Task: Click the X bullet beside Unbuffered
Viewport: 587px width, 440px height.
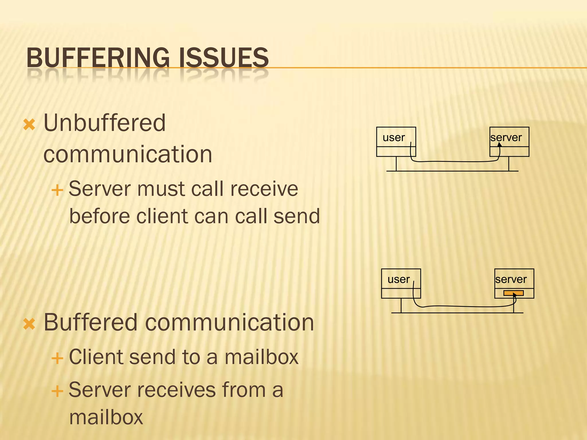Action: pos(29,125)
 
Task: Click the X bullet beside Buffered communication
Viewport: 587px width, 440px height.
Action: pos(29,324)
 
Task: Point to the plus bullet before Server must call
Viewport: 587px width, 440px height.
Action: pos(57,190)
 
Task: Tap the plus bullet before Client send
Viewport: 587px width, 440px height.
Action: pos(57,358)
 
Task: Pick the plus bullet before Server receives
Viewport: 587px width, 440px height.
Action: pos(57,391)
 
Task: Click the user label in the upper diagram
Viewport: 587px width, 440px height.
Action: pos(394,138)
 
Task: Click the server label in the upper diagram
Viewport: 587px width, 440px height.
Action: pos(506,138)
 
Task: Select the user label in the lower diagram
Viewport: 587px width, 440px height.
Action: pos(398,280)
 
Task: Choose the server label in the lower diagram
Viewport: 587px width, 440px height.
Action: pos(511,280)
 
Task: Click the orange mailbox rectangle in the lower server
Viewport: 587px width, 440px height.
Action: pos(514,293)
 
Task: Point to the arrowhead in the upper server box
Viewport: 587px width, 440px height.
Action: pos(500,144)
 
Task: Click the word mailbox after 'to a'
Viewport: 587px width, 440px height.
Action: pos(261,357)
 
